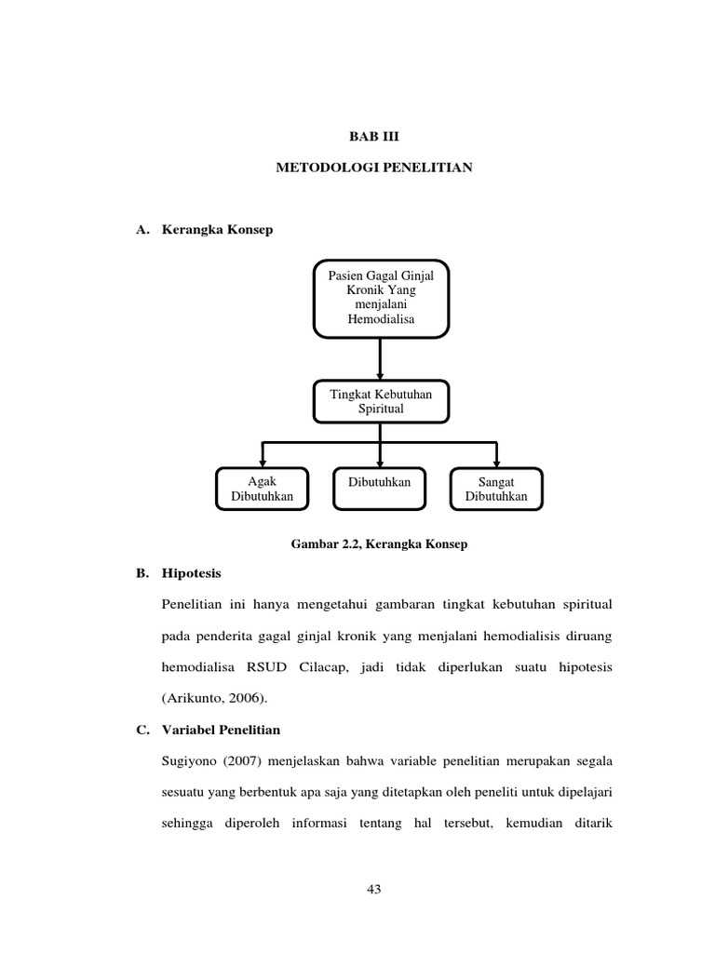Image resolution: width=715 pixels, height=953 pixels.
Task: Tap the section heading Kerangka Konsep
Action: point(218,229)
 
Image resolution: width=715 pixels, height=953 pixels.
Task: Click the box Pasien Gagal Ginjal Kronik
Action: point(381,297)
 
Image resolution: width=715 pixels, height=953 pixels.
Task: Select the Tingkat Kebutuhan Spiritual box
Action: point(381,401)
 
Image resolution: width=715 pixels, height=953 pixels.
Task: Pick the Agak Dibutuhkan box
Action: point(262,489)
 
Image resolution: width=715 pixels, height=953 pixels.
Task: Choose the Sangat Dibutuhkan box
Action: point(496,489)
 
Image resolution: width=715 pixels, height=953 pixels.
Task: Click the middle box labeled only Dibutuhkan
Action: point(379,489)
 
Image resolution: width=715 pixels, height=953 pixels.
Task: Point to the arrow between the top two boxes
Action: point(381,358)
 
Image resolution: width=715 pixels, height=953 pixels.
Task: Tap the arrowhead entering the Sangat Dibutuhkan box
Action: point(496,462)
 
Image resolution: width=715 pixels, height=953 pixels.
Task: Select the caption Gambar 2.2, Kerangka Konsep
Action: point(381,544)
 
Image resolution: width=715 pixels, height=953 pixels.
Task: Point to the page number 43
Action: point(374,889)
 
